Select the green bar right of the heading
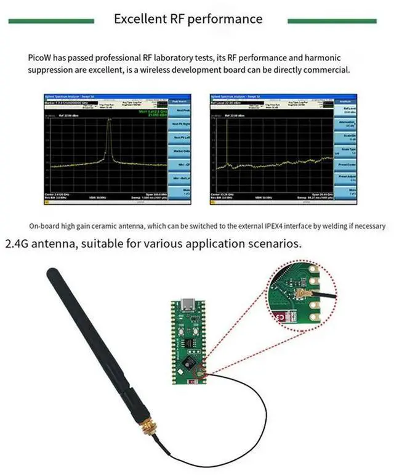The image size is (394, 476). point(332,21)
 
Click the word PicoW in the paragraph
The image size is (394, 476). point(39,58)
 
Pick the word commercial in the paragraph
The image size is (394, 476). point(328,70)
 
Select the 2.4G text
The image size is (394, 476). point(17,244)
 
